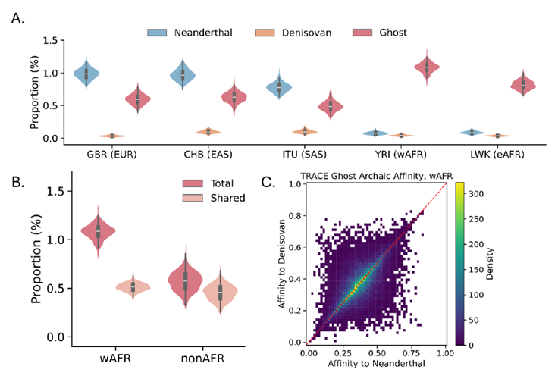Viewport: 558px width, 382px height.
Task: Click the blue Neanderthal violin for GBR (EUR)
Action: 86,74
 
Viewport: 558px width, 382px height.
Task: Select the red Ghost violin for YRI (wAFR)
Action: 427,67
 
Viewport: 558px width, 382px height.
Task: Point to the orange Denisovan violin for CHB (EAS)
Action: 208,132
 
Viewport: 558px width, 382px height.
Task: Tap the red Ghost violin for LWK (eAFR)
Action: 523,85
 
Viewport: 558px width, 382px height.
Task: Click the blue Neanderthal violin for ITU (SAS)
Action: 279,86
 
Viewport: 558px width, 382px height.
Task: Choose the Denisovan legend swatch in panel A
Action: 265,33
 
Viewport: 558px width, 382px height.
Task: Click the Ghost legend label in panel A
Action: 393,33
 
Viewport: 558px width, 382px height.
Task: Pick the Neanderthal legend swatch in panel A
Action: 157,33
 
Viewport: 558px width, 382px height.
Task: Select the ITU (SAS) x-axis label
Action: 304,155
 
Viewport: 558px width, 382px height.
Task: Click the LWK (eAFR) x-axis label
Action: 497,155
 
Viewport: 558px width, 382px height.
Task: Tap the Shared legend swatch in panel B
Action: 193,198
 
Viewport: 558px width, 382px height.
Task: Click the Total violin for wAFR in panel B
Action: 99,231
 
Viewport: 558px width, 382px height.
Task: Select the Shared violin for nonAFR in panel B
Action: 220,290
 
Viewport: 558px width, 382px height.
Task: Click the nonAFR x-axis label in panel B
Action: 202,358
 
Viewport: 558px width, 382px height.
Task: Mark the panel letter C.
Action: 268,182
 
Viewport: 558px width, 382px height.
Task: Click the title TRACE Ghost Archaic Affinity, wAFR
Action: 377,176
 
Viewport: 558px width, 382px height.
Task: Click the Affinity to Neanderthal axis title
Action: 377,363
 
